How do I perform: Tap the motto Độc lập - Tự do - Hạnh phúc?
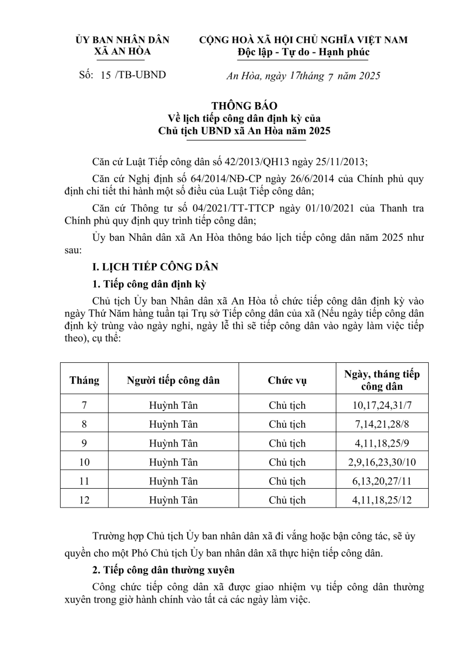303,52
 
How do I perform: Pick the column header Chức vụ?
287,380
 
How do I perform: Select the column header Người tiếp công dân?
173,380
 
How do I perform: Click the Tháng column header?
84,380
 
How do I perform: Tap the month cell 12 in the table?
84,500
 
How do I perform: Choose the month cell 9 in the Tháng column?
84,443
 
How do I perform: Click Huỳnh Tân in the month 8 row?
174,424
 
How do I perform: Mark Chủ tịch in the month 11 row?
287,481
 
